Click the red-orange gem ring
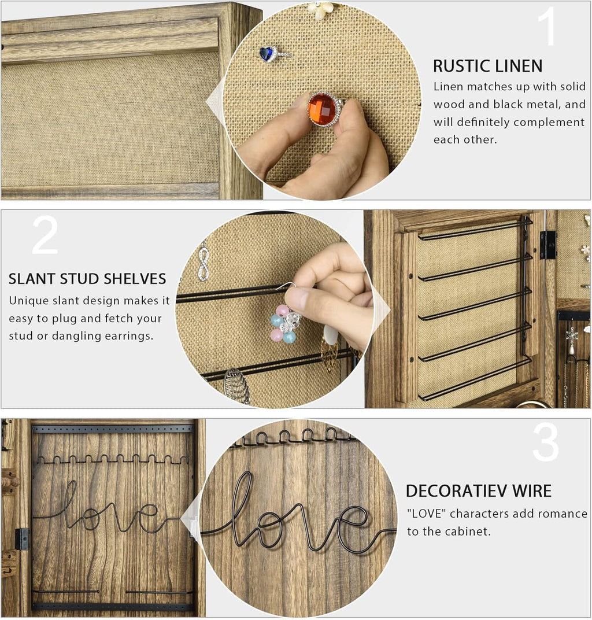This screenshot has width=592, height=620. [324, 109]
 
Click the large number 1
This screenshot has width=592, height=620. [548, 27]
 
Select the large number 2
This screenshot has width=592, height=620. [45, 235]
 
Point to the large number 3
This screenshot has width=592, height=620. [546, 442]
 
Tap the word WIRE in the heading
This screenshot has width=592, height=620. [532, 490]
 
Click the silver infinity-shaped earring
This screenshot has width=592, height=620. [203, 262]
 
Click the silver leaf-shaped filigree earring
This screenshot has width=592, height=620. [236, 386]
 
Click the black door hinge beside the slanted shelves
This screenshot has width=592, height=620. [548, 245]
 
